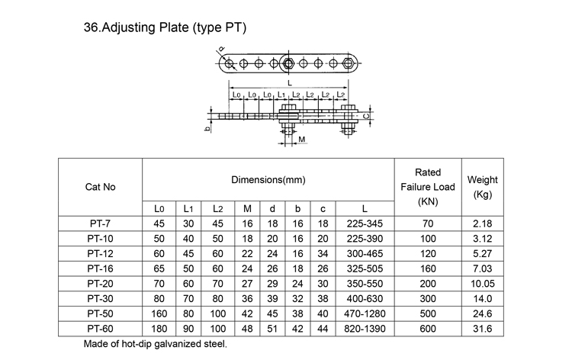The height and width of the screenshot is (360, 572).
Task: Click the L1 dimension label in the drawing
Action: [281, 95]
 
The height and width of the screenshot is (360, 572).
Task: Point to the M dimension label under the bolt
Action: [303, 140]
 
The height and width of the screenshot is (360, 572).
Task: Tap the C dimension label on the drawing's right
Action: [367, 115]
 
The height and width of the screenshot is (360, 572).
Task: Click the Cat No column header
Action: [101, 186]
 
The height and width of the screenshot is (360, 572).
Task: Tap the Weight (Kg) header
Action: [482, 186]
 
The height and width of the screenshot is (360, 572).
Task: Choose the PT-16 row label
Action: [101, 268]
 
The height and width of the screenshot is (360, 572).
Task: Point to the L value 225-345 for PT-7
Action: [365, 224]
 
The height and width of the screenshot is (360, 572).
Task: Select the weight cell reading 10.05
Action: [482, 282]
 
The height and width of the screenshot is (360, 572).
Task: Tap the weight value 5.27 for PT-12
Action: [482, 253]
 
